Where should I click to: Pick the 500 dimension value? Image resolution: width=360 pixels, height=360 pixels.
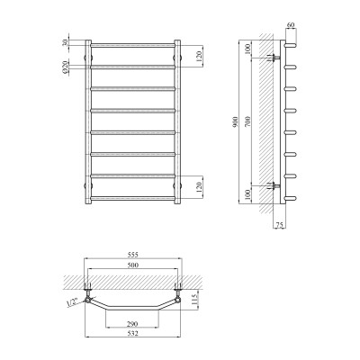[x=133, y=267]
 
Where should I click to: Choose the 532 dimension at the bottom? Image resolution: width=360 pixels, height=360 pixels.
[x=133, y=334]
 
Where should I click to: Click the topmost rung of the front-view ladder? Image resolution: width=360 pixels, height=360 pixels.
[x=133, y=44]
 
